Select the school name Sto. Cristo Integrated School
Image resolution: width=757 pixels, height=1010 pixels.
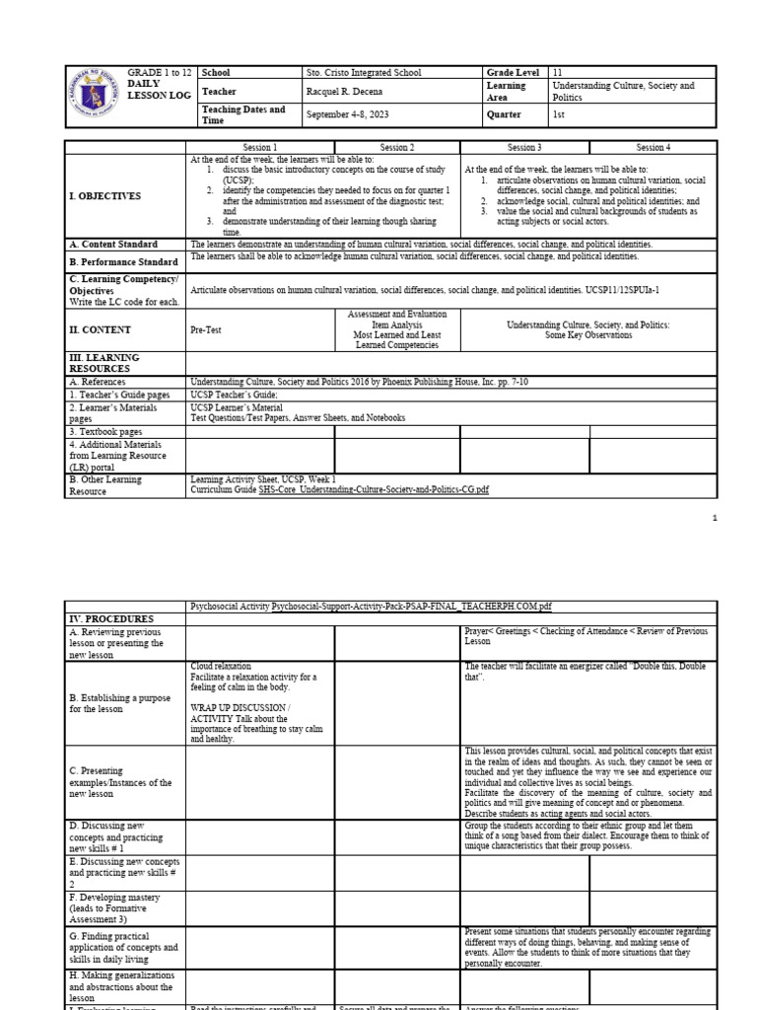pyautogui.click(x=365, y=73)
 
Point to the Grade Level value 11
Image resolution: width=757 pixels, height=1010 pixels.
pyautogui.click(x=559, y=73)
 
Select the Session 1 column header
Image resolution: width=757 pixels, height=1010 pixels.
pyautogui.click(x=260, y=147)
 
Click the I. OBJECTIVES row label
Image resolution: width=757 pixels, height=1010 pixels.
pyautogui.click(x=105, y=196)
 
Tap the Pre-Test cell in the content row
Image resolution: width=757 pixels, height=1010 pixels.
pyautogui.click(x=206, y=330)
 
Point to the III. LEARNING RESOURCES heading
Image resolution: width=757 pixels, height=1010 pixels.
pyautogui.click(x=104, y=363)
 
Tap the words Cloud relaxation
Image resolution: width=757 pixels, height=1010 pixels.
pyautogui.click(x=221, y=667)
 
